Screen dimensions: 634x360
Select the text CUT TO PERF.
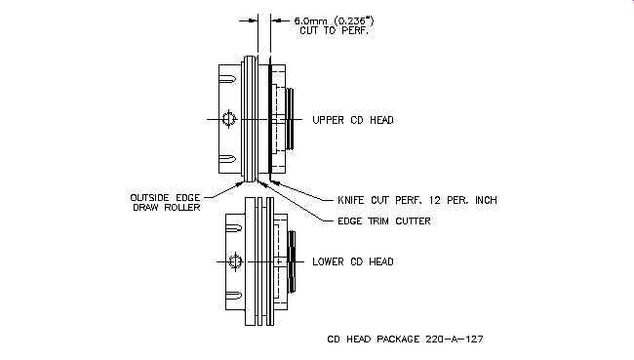[x=334, y=31]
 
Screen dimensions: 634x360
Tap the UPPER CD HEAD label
[x=353, y=120]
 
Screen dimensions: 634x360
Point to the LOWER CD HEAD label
[x=353, y=261]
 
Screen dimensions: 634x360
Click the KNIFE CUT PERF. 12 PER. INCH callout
[x=417, y=200]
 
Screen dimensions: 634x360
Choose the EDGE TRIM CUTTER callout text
[x=384, y=221]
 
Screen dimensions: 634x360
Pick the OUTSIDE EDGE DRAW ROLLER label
[x=166, y=203]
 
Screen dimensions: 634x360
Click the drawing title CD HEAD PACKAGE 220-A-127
[x=405, y=339]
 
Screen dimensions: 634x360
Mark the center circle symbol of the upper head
[x=229, y=119]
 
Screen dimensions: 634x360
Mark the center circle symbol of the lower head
[x=235, y=261]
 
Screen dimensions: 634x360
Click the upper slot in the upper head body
[x=227, y=79]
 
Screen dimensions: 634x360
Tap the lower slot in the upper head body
[x=227, y=159]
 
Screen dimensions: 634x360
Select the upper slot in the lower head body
[x=234, y=228]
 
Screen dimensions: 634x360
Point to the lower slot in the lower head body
[x=234, y=296]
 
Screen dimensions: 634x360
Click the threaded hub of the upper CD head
[x=290, y=119]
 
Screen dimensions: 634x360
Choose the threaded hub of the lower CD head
[x=292, y=261]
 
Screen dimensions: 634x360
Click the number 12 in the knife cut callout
[x=435, y=200]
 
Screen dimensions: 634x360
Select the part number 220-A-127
[x=455, y=339]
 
